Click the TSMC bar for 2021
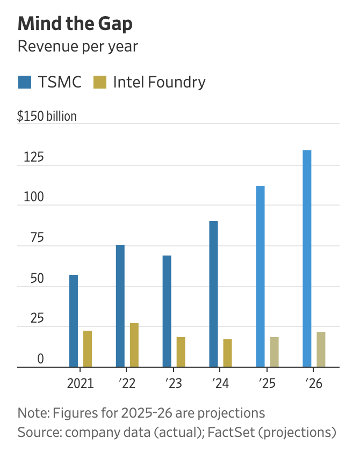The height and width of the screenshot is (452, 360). pos(74,321)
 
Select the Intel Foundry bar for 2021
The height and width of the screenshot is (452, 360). pos(87,349)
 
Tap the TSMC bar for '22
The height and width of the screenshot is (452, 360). pos(120,306)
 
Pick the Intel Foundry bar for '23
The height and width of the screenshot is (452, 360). pos(181,352)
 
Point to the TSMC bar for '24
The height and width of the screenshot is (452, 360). pos(213,294)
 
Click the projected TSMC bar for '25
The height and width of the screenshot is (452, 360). pos(260,276)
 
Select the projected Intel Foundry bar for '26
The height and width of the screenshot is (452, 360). pos(321,349)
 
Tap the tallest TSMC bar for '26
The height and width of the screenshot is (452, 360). pos(307,259)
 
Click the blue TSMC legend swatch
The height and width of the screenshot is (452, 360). pos(25,82)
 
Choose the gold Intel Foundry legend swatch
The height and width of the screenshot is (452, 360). pos(100,82)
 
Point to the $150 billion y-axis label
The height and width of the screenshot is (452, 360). pos(47,116)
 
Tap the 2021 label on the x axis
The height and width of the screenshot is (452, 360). pos(81,384)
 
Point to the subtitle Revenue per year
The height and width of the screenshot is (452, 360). pos(77,46)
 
